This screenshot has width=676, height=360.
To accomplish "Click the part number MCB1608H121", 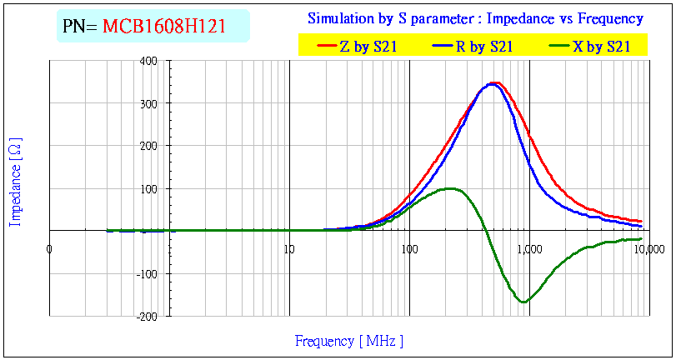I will tap(175, 27).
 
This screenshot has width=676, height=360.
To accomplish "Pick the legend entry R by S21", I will tap(483, 47).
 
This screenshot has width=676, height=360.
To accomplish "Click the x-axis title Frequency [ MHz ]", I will tap(349, 341).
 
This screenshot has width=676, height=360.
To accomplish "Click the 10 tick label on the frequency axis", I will tap(289, 249).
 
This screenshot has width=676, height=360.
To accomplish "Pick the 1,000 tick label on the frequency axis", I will tap(528, 249).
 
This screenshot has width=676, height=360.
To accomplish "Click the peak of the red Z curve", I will tap(495, 82).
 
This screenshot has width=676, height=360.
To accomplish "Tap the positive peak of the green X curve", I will tap(450, 188).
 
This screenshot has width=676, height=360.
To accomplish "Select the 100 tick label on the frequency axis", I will tap(408, 249).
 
